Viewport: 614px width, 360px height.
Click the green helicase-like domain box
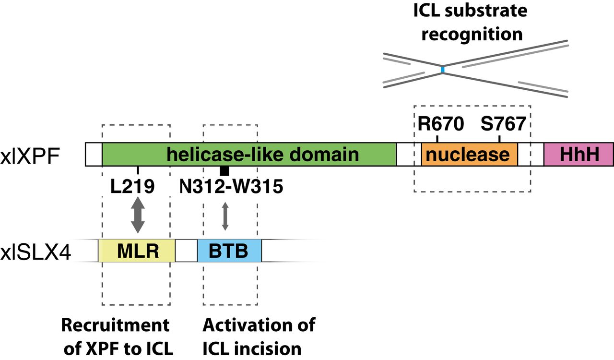(249, 154)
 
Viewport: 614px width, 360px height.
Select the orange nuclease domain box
(469, 154)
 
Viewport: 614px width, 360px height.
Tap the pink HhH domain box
(578, 154)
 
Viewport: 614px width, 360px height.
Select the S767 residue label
(503, 124)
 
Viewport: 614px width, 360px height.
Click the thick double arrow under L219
(138, 215)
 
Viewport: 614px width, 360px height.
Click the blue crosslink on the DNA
(443, 70)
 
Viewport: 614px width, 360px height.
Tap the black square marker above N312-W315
(224, 170)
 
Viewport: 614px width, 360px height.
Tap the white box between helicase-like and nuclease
(409, 154)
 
